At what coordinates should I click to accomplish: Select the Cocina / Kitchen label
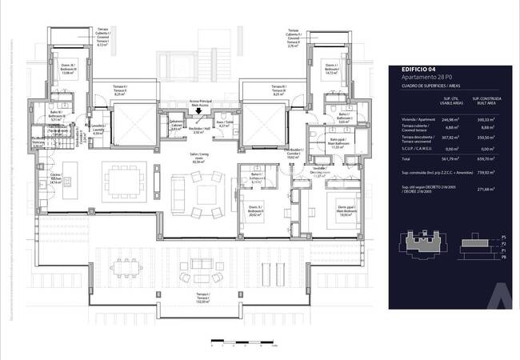pyautogui.click(x=55, y=178)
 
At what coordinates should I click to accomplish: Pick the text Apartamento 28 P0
pyautogui.click(x=426, y=78)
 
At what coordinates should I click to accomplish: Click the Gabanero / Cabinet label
pyautogui.click(x=176, y=126)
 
